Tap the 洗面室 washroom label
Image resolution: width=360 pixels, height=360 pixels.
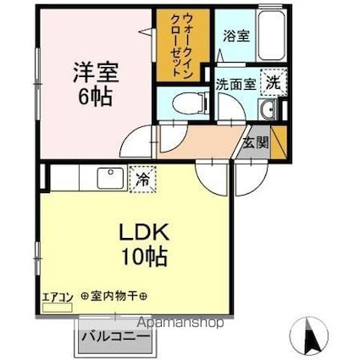click(233, 85)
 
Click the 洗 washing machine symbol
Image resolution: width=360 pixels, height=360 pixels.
click(272, 82)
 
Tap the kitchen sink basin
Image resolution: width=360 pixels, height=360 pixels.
click(110, 179)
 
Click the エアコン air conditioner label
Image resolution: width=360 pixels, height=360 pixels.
click(56, 297)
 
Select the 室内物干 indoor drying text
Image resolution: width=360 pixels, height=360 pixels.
click(114, 296)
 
